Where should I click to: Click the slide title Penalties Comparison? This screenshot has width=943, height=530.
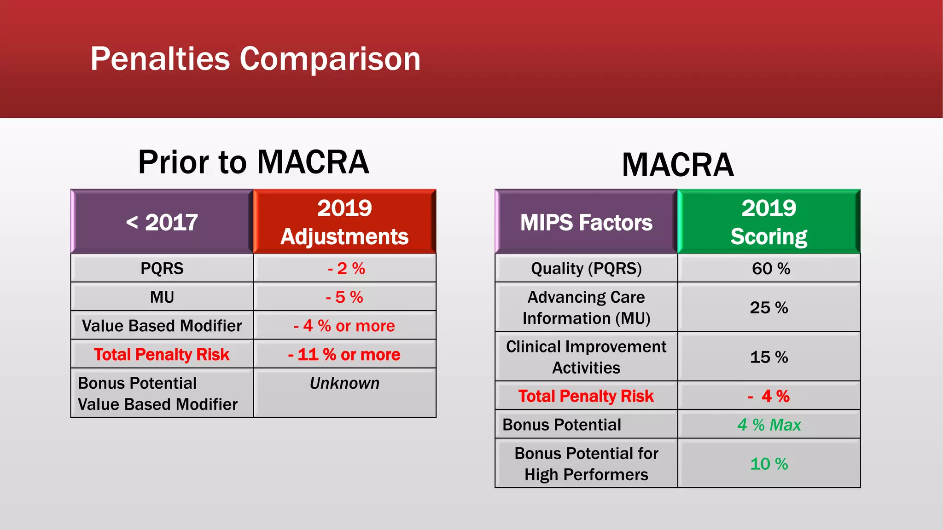tap(256, 59)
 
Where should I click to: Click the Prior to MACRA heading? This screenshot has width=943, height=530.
tap(253, 162)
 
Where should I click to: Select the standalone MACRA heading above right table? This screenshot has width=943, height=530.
tap(677, 165)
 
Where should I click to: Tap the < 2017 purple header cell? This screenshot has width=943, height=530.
tap(162, 222)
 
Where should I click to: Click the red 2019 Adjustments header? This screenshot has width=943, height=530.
tap(344, 222)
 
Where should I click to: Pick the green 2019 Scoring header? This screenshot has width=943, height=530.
tap(768, 222)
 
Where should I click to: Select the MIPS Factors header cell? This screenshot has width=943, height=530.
tap(586, 222)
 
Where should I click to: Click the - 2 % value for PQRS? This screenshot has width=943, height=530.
tap(346, 268)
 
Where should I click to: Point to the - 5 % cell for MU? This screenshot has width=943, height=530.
tap(344, 297)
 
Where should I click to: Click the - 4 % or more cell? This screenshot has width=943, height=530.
tap(344, 326)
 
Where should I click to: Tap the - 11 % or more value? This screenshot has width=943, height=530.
tap(344, 354)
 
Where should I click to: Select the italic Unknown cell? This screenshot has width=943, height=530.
tap(344, 383)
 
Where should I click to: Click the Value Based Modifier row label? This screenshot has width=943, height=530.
tap(162, 326)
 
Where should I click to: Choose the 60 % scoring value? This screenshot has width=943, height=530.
tap(770, 268)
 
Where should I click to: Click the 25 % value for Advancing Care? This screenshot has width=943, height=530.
tap(768, 307)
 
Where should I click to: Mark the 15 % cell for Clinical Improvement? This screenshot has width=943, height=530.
tap(768, 357)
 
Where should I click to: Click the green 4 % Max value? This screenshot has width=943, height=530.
tap(768, 425)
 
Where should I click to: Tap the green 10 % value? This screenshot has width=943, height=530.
tap(768, 464)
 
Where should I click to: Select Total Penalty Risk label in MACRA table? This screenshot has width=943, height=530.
tap(586, 396)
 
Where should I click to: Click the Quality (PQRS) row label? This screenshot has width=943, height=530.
tap(586, 268)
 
